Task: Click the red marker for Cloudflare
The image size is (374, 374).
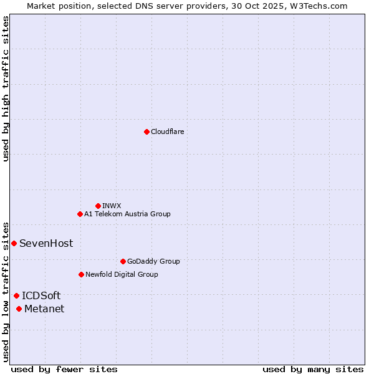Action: (146, 132)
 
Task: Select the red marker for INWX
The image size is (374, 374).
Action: (98, 206)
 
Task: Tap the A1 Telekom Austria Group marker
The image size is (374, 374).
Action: (80, 214)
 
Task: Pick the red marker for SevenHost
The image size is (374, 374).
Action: (14, 243)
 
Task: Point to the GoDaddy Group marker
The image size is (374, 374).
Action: (123, 261)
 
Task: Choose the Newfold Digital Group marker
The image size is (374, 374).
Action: (81, 274)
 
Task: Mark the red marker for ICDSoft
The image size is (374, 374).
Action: (16, 295)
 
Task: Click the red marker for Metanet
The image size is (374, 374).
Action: (19, 309)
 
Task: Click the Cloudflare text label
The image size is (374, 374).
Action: (167, 132)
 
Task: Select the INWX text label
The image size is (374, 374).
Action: (112, 206)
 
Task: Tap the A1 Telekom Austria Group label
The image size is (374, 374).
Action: (127, 214)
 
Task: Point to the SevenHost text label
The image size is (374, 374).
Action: (46, 243)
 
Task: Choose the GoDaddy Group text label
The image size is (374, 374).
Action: (153, 261)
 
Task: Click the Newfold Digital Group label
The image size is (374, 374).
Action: (122, 274)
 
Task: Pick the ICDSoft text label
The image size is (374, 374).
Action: (41, 295)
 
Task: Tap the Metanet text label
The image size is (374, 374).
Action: (44, 309)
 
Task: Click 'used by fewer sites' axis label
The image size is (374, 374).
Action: (64, 369)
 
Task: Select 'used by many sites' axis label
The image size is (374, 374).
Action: (313, 369)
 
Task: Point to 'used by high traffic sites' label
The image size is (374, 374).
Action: (6, 89)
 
